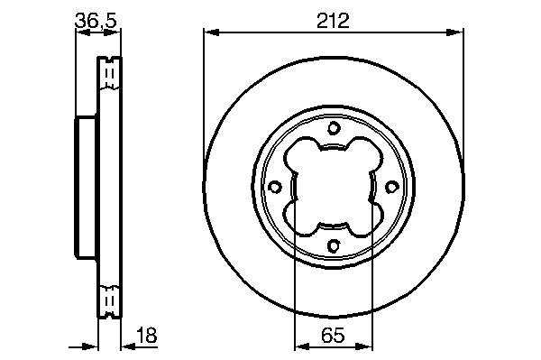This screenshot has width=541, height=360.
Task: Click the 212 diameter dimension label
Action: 333,21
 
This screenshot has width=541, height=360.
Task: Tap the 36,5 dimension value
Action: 96,21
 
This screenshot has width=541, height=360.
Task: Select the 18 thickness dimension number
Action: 147,335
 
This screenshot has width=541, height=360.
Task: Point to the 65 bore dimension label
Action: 333,335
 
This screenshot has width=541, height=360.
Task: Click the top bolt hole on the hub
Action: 334,128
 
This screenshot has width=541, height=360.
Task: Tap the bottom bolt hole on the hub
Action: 334,245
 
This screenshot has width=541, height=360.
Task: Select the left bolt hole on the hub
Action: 275,187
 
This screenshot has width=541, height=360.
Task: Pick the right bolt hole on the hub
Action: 391,187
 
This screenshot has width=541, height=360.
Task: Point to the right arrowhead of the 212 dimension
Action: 455,32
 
